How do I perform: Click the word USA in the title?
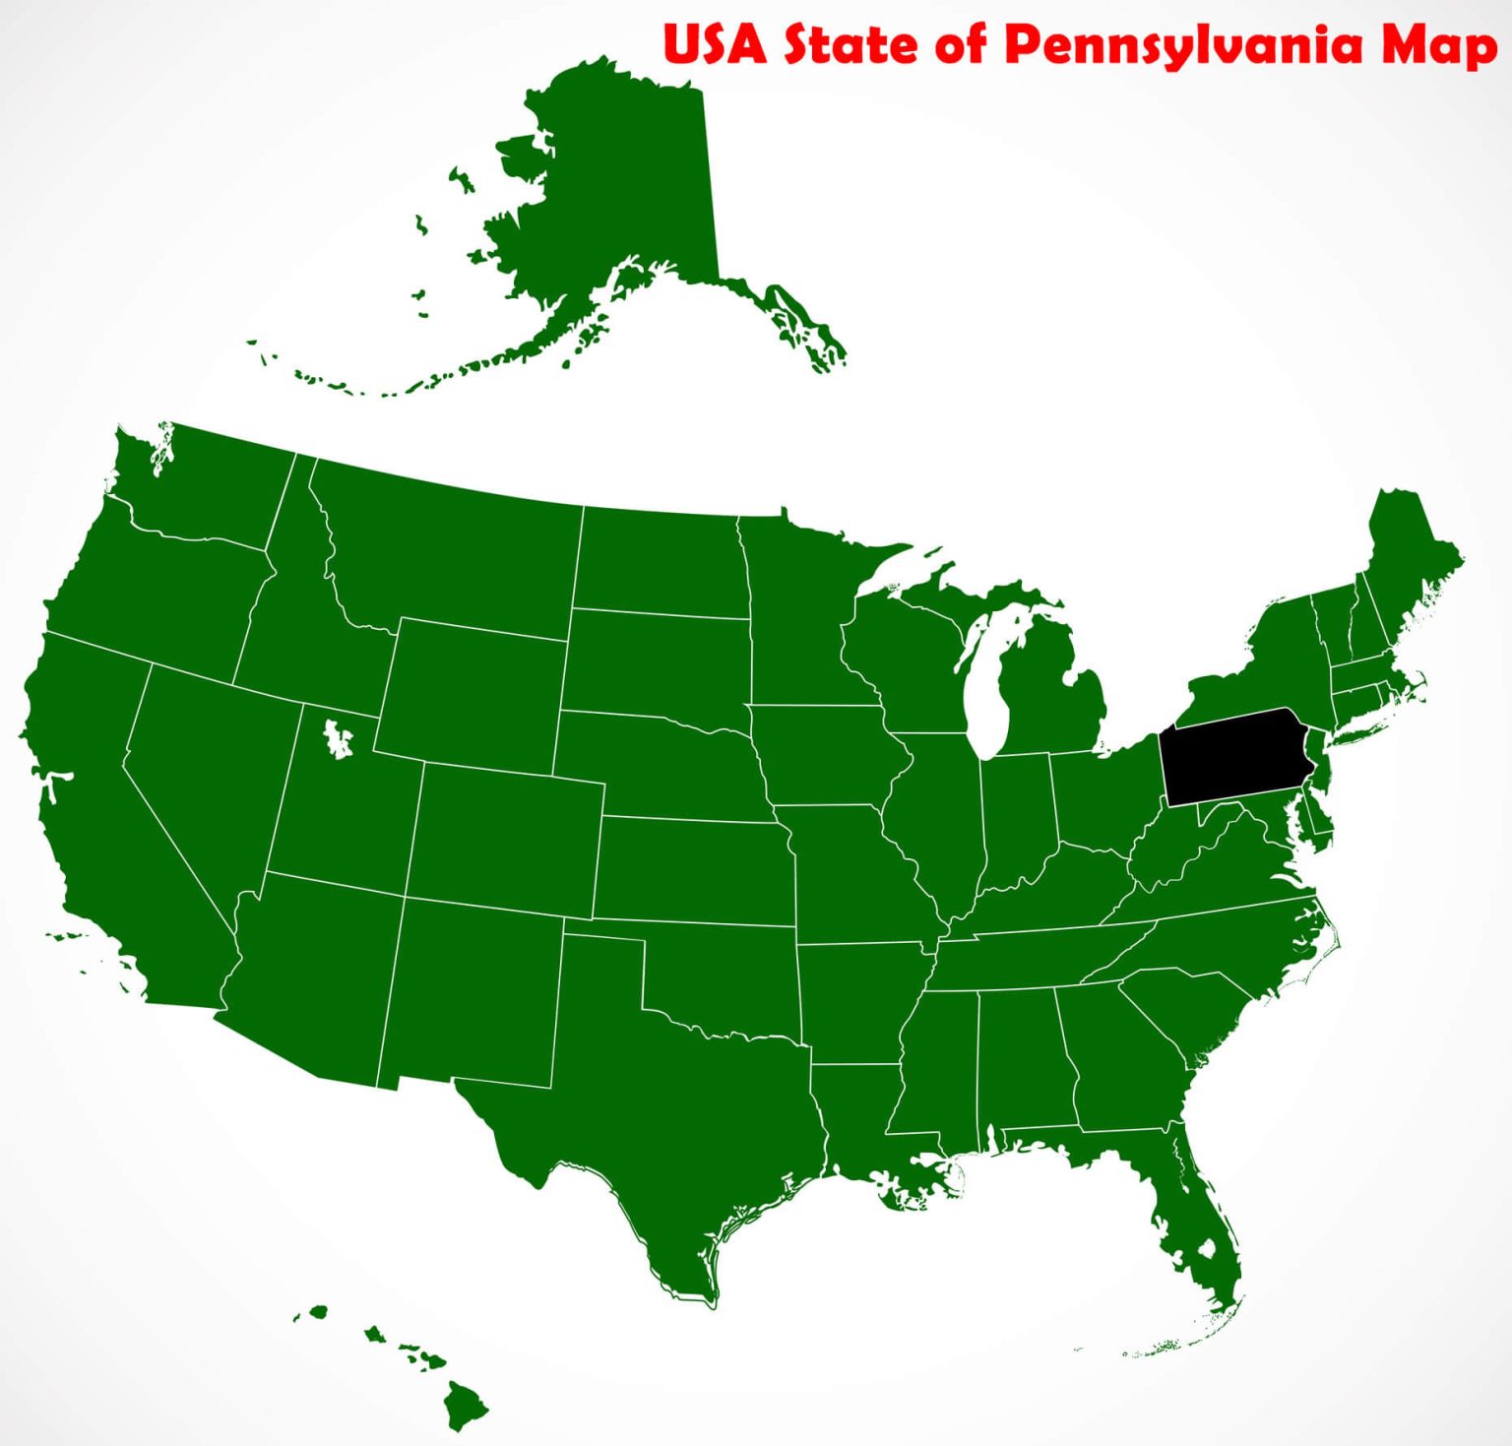[715, 45]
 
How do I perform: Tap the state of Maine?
[1413, 561]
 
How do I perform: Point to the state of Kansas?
[694, 871]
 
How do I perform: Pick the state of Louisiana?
[856, 1112]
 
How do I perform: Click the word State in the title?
[852, 45]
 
